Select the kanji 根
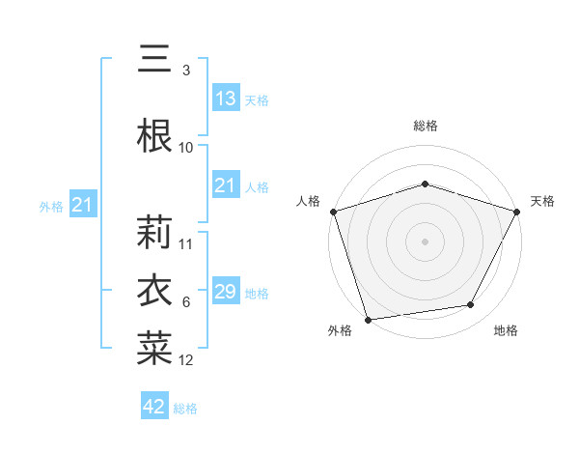154,134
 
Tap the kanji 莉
154,232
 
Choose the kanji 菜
154,349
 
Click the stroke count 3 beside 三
186,71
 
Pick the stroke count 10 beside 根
186,147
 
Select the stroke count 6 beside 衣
186,302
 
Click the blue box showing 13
225,99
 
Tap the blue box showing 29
225,292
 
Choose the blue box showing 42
154,407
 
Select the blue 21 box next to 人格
225,185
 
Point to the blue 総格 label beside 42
185,409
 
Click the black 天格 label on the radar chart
542,201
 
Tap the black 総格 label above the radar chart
425,126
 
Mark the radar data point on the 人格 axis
333,212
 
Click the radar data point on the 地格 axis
471,305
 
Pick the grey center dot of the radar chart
425,241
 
